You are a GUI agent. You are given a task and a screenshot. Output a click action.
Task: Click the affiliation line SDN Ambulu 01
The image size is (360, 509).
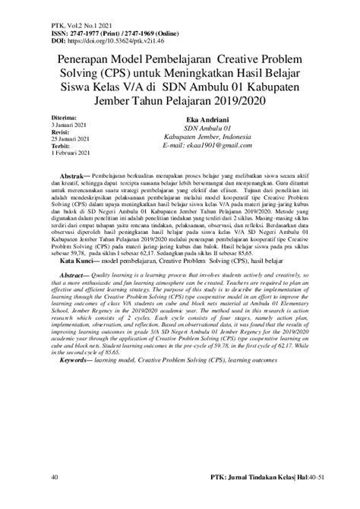click(x=207, y=128)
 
